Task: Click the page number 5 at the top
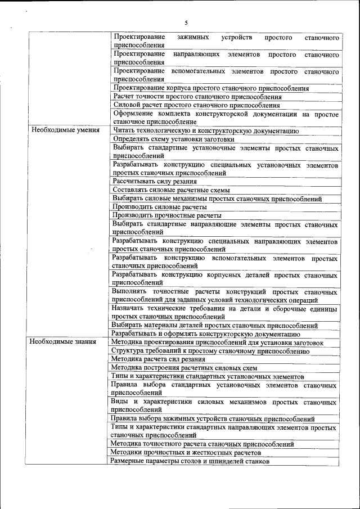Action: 186,22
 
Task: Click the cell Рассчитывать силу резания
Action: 155,181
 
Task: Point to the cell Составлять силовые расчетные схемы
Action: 168,190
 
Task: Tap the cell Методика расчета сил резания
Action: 158,358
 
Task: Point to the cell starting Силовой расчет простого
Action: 196,105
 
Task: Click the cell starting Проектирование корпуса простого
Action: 211,88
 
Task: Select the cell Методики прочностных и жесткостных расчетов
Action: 186,452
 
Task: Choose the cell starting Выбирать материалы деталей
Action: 214,325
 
